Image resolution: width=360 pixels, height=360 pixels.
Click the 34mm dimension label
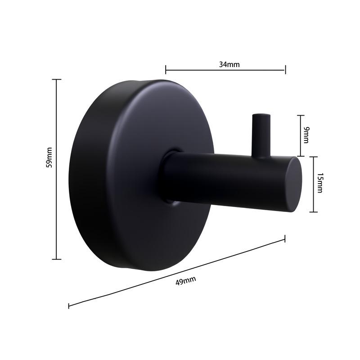(x=229, y=64)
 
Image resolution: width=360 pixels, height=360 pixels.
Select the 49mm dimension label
(x=185, y=281)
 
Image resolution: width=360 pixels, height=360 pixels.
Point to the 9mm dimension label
(x=306, y=135)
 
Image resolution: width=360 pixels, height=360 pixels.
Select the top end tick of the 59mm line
(x=57, y=80)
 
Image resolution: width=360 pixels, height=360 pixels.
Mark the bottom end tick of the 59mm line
(x=57, y=259)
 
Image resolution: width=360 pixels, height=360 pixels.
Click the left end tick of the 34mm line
(x=166, y=69)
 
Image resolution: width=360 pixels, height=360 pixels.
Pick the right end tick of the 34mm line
(x=285, y=69)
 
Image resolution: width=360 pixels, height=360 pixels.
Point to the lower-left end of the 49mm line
(x=69, y=306)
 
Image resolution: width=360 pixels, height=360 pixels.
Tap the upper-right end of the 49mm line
(x=285, y=239)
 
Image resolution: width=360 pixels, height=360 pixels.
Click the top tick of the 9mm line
(x=301, y=116)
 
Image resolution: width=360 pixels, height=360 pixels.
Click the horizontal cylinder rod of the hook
(x=225, y=178)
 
